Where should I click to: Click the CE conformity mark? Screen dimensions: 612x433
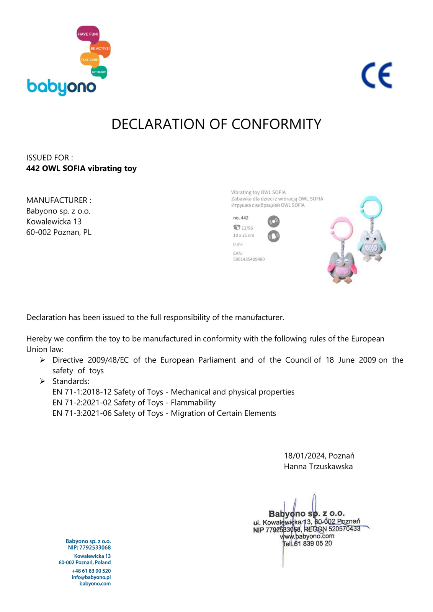click(377, 75)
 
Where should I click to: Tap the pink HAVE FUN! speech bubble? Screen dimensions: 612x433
click(88, 34)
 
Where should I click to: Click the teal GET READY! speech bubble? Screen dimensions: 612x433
click(99, 72)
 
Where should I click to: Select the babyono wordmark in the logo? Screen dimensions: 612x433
click(61, 87)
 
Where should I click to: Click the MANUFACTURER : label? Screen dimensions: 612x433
click(59, 200)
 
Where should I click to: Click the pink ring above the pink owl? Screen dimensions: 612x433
click(342, 231)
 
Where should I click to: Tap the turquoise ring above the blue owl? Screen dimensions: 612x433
click(371, 208)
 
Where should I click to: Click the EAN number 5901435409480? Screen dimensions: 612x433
click(249, 259)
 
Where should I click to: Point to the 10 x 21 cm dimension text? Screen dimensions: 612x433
click(243, 236)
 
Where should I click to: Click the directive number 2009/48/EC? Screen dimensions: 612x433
click(108, 360)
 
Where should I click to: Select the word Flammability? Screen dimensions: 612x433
click(193, 403)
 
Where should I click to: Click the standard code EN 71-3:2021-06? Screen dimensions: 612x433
click(82, 413)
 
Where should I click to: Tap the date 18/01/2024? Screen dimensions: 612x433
click(304, 456)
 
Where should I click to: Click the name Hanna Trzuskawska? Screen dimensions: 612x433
click(318, 467)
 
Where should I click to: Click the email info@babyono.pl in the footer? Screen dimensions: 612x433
click(91, 577)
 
